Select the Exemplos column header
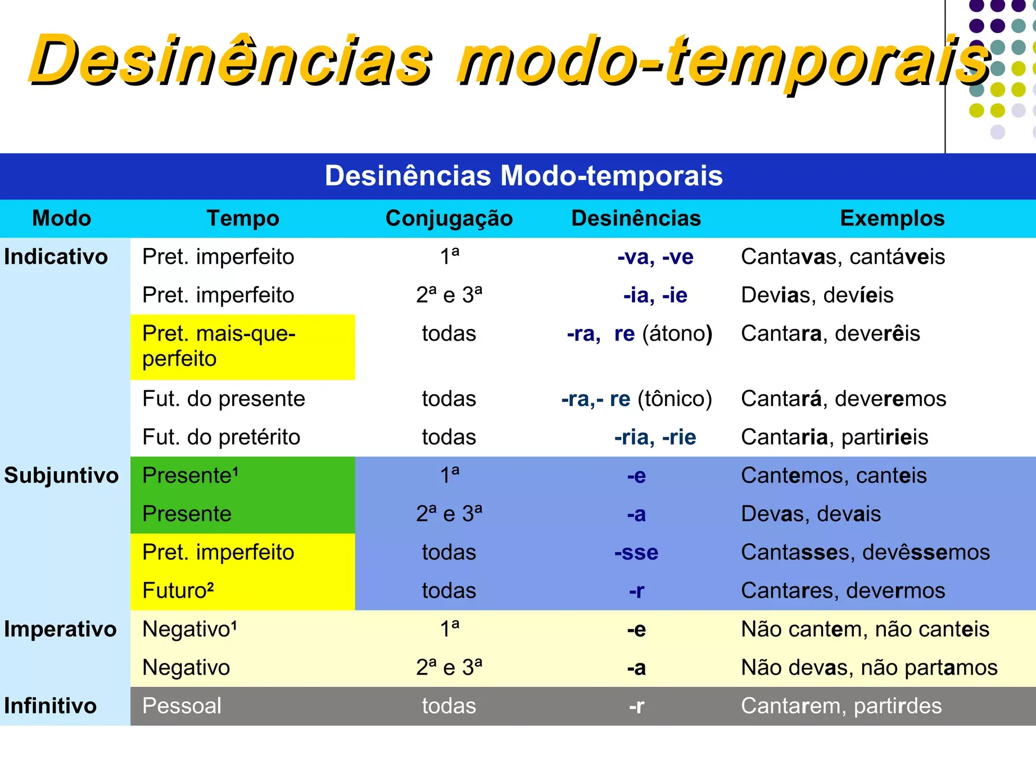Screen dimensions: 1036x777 click(892, 218)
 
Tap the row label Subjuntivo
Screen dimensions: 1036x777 click(61, 476)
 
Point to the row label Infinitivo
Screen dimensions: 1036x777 click(51, 706)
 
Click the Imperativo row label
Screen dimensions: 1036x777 click(60, 629)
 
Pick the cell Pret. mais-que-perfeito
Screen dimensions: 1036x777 click(219, 346)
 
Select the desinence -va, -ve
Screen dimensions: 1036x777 click(655, 257)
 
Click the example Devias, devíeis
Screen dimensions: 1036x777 click(817, 295)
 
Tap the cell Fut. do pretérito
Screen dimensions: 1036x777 click(221, 437)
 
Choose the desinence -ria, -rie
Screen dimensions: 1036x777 click(655, 437)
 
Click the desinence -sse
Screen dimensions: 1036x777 click(636, 553)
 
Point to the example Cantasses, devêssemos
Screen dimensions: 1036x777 click(865, 553)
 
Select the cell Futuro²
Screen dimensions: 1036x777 click(178, 590)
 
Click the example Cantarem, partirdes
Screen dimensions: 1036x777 click(842, 706)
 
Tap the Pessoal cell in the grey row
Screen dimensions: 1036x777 click(182, 706)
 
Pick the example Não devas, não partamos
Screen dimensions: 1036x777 click(870, 668)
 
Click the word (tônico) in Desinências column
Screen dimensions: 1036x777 click(675, 399)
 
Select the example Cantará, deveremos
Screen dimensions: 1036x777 click(844, 399)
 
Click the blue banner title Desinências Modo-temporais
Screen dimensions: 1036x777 click(524, 175)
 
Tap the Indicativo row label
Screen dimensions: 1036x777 click(56, 257)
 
